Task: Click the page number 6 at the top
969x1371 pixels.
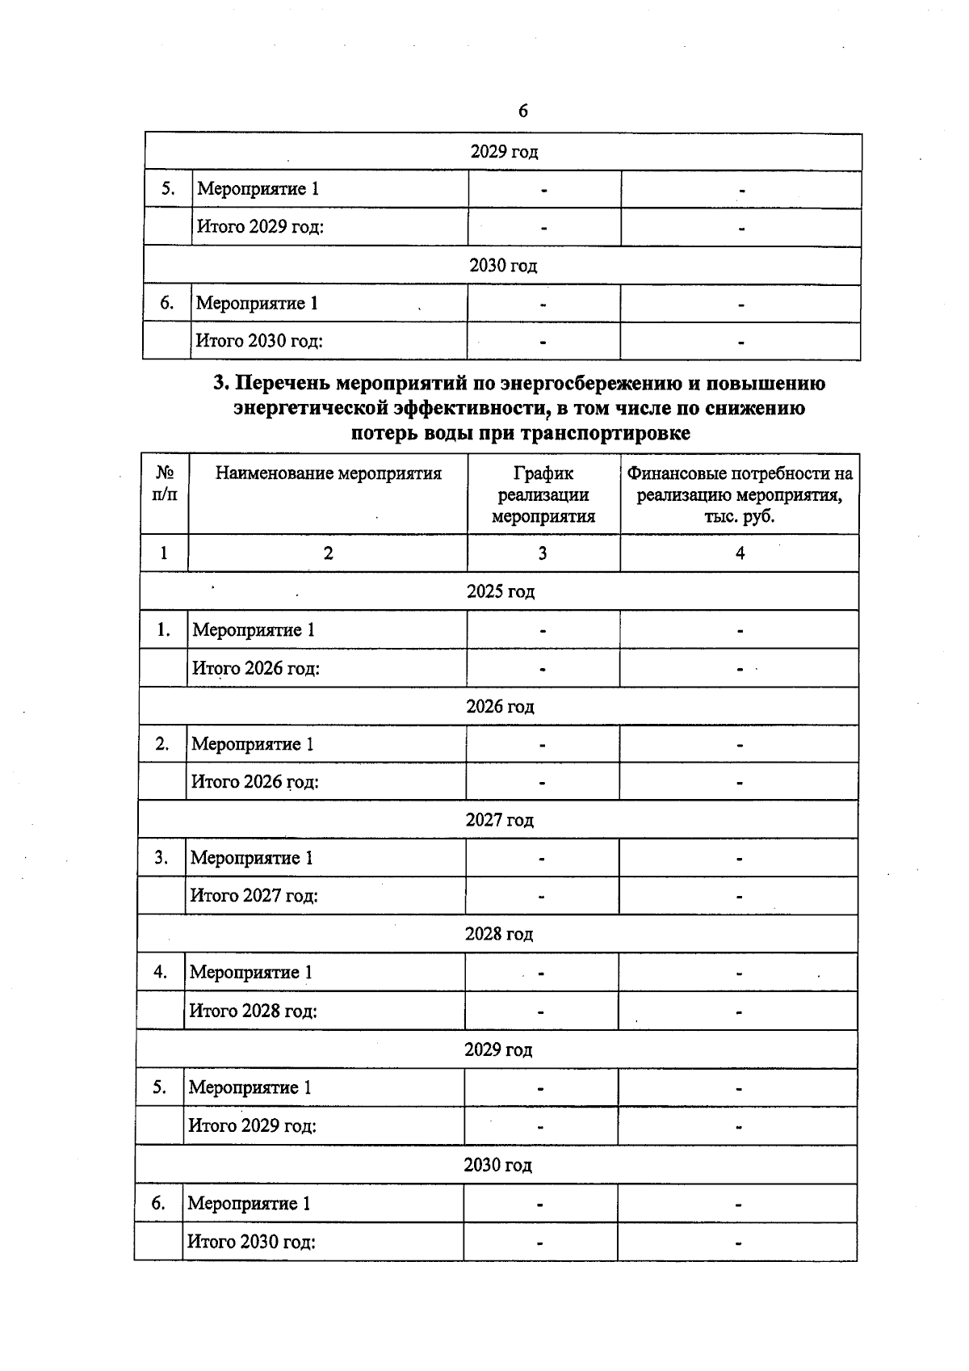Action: click(x=522, y=111)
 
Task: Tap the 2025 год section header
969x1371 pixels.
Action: click(x=501, y=591)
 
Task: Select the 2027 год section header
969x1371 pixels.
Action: click(x=499, y=820)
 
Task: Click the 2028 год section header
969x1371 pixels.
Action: click(x=498, y=934)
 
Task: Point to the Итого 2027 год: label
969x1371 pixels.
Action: click(x=254, y=895)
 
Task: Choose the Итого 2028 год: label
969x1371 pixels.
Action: click(x=253, y=1011)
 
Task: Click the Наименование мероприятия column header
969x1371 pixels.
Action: click(x=328, y=473)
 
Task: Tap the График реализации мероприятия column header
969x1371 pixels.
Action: click(x=543, y=494)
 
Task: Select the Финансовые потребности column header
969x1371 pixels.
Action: click(x=740, y=494)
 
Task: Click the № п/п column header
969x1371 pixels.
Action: click(x=164, y=483)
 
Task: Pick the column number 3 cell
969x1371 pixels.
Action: click(x=543, y=553)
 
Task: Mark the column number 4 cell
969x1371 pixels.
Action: click(x=740, y=553)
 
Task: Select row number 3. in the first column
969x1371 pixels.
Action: click(x=161, y=858)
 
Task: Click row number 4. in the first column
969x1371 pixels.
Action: click(x=161, y=972)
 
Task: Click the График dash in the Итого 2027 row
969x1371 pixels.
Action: click(x=542, y=897)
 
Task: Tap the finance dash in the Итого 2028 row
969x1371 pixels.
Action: click(x=738, y=1011)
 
